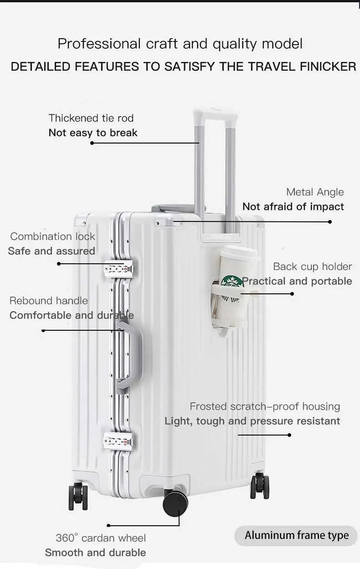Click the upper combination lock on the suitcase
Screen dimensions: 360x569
pos(118,268)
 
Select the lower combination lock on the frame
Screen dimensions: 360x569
pos(118,441)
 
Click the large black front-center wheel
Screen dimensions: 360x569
pos(175,503)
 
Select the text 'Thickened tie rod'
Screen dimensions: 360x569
pos(91,118)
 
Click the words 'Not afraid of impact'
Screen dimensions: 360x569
pos(293,207)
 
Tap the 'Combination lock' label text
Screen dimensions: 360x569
pos(52,236)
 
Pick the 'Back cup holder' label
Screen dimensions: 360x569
pos(313,267)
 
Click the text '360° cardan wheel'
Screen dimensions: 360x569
pos(101,538)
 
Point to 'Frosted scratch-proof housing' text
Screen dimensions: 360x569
pos(265,406)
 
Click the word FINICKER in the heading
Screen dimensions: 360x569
pos(328,67)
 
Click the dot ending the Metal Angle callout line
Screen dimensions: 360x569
pos(330,222)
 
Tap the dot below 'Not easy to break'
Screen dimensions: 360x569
pos(92,143)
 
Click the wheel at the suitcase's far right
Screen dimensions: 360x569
pos(259,486)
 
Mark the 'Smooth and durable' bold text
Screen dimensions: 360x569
pos(96,553)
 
